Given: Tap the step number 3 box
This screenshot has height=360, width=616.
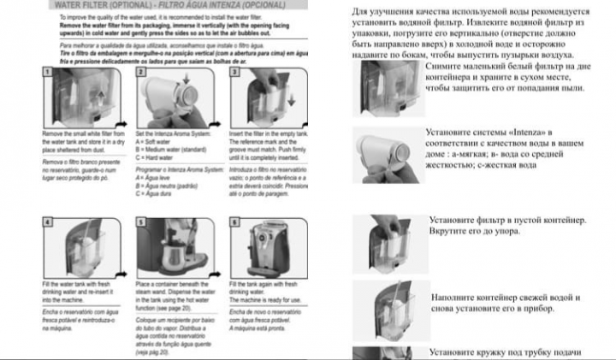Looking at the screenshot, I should pos(234,74).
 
